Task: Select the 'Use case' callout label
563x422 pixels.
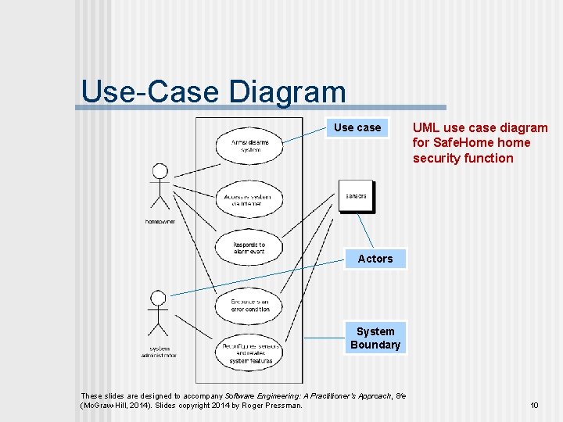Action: [357, 127]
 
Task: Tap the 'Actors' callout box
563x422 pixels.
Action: [375, 259]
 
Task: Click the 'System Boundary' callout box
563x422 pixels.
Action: [375, 338]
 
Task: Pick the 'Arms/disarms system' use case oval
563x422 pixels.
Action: [249, 146]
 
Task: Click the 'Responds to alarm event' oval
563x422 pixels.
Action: [249, 249]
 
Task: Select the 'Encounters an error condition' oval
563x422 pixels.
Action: [249, 305]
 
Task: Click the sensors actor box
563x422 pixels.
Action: [356, 196]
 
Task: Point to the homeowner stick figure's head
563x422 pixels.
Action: [160, 171]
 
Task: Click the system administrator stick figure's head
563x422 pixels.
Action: [158, 299]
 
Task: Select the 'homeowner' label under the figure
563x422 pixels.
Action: [160, 221]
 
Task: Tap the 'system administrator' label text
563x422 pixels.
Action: [159, 351]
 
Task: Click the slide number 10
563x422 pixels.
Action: [534, 405]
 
